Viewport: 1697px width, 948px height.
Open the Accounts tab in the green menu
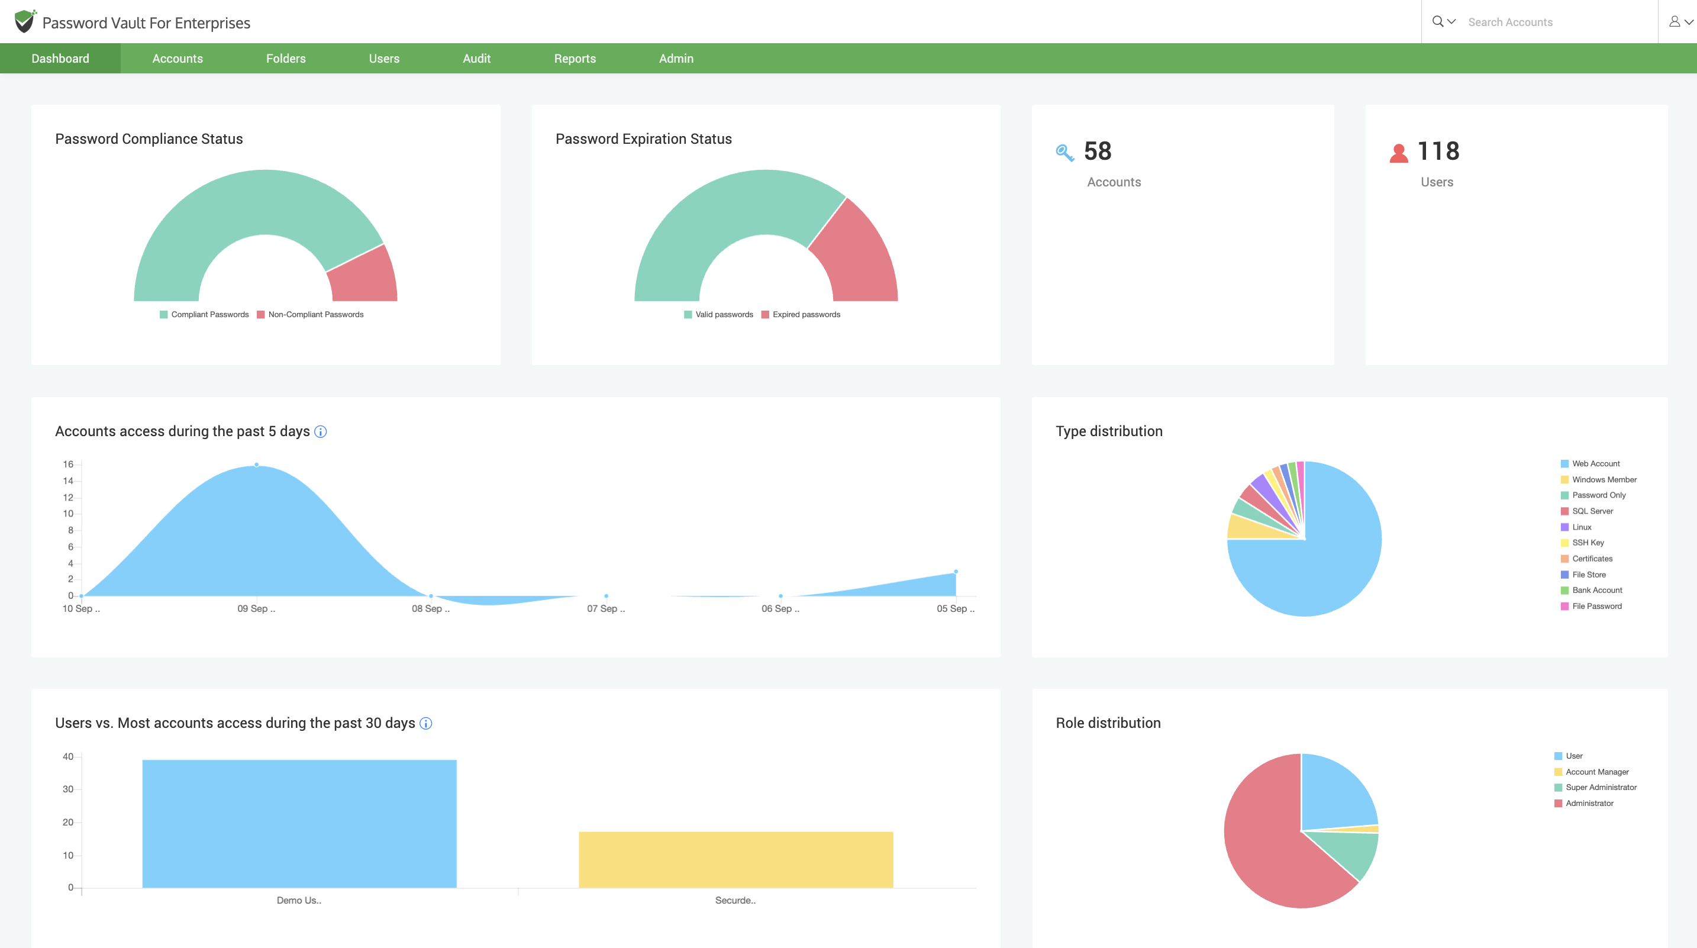click(x=177, y=59)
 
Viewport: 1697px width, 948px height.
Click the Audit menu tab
click(x=476, y=59)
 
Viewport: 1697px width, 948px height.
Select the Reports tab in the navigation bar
click(x=575, y=59)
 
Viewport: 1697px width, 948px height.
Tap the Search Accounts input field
click(x=1555, y=22)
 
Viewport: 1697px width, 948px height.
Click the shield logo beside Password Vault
click(x=24, y=22)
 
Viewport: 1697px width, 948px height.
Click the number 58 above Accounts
click(x=1098, y=151)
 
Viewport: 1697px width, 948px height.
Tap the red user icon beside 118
click(x=1399, y=153)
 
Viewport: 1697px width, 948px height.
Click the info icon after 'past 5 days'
click(x=321, y=432)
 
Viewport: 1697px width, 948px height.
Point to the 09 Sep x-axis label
click(x=256, y=610)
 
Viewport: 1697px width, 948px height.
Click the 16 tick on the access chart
click(x=69, y=465)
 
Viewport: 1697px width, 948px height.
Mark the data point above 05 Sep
click(x=956, y=572)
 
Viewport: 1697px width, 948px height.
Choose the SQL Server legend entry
click(x=1592, y=511)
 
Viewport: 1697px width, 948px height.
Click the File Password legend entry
click(x=1596, y=607)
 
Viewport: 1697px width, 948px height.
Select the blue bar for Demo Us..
click(x=299, y=824)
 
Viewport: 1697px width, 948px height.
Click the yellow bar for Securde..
click(x=736, y=860)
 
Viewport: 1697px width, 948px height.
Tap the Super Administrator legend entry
click(x=1600, y=788)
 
